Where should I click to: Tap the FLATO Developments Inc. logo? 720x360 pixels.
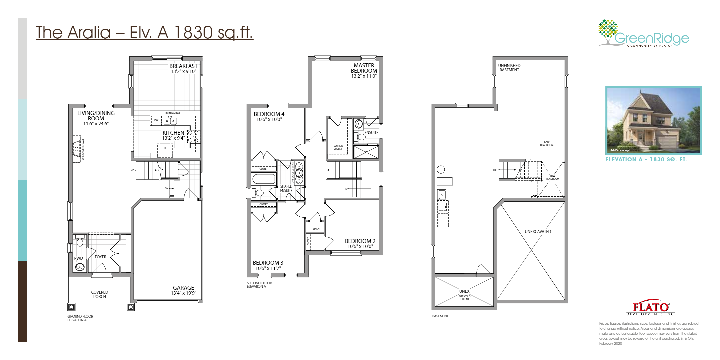click(x=650, y=309)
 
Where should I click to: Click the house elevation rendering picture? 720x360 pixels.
click(x=653, y=120)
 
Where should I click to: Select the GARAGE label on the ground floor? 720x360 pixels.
click(x=183, y=288)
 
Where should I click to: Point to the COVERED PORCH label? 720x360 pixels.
click(x=99, y=294)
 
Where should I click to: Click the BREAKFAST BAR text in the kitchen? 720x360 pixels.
click(x=173, y=113)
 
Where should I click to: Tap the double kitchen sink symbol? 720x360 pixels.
click(x=170, y=121)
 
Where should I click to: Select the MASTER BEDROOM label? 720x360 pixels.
click(x=364, y=68)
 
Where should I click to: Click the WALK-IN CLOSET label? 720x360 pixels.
click(x=338, y=147)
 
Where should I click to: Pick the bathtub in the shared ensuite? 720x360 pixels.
click(x=264, y=179)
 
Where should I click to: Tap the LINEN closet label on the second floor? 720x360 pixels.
click(x=316, y=229)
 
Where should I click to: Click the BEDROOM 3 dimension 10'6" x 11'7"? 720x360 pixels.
click(x=268, y=268)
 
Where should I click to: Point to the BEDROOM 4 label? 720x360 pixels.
click(x=269, y=114)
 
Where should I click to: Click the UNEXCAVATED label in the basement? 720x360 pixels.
click(x=538, y=231)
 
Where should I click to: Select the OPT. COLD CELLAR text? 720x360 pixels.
click(x=464, y=297)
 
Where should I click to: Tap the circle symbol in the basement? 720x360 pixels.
click(x=441, y=170)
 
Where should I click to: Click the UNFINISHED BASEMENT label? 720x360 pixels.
click(x=509, y=68)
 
